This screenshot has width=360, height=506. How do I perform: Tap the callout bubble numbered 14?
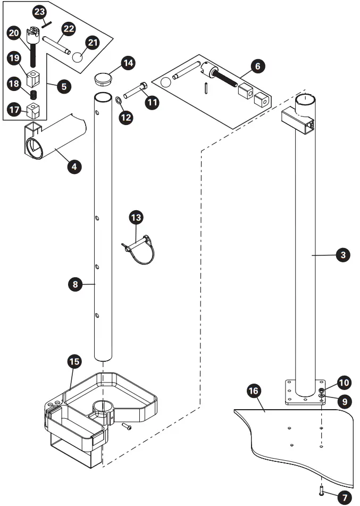tap(127, 63)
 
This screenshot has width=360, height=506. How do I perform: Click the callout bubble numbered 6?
tap(257, 67)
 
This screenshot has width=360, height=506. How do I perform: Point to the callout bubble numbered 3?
tap(343, 255)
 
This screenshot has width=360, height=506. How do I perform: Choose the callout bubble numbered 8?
tap(76, 284)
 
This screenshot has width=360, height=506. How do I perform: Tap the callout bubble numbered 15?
tap(75, 362)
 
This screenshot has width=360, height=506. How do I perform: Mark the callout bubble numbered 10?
tap(344, 382)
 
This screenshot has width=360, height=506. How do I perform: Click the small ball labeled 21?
tap(78, 57)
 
